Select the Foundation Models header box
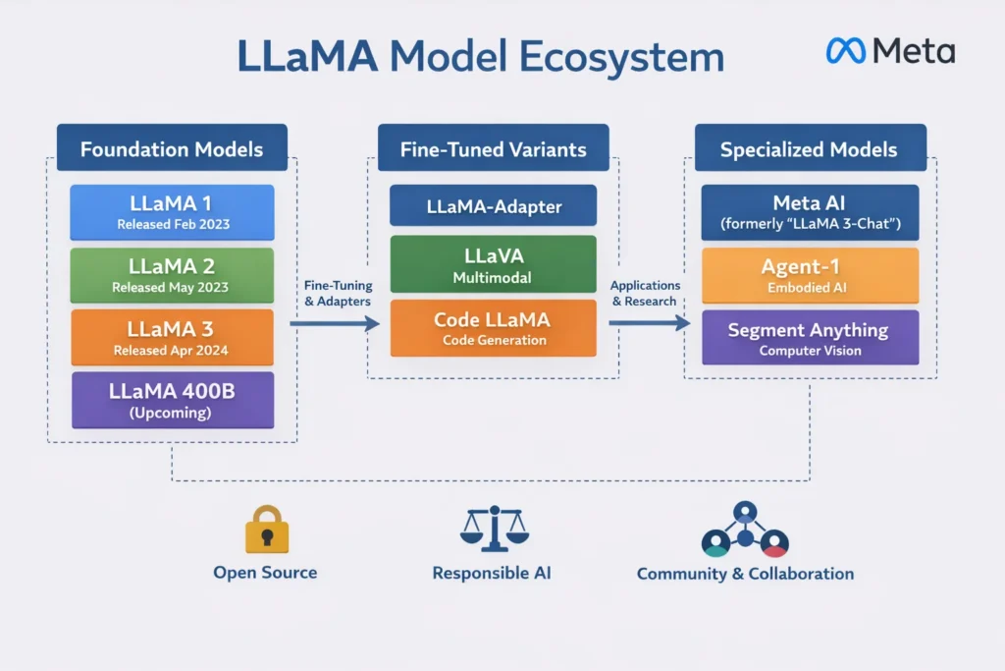tap(172, 149)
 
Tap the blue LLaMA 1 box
tap(173, 212)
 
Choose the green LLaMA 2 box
tap(173, 275)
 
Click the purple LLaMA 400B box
tap(173, 400)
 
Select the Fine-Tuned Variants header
tap(493, 149)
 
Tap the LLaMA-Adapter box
tap(493, 206)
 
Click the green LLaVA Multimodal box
tap(493, 264)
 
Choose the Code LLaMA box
tap(493, 328)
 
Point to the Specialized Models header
tap(810, 149)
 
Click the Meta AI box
tap(810, 212)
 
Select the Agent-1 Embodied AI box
tap(810, 275)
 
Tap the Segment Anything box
tap(810, 338)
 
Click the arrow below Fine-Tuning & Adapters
tap(335, 323)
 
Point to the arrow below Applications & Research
tap(649, 322)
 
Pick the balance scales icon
tap(493, 529)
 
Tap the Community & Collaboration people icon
tap(745, 531)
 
